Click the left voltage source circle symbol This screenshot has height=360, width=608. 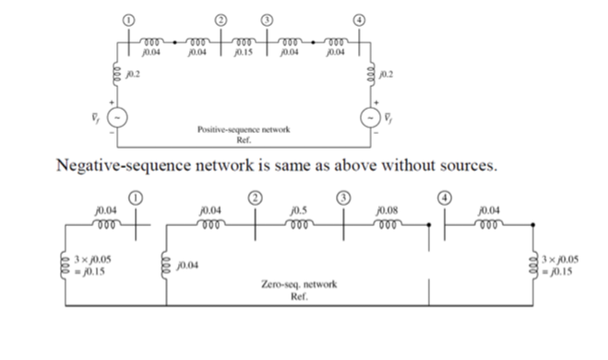pos(119,118)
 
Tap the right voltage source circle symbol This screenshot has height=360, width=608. pos(368,118)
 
